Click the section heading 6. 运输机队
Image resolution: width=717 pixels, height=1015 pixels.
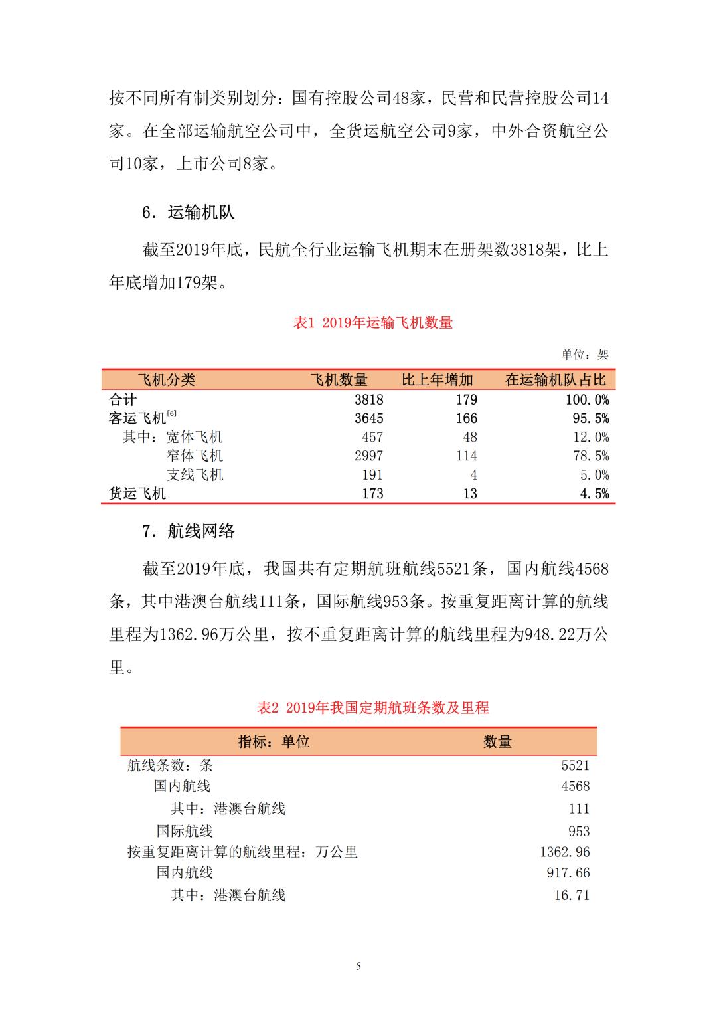189,213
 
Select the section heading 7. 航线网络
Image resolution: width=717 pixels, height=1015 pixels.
189,531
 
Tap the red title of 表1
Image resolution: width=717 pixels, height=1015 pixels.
373,323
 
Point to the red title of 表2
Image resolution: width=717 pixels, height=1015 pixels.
373,708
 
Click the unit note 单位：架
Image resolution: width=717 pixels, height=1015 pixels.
584,355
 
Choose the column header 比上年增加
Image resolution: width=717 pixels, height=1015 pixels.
438,380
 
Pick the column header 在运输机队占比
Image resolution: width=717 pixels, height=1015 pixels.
556,380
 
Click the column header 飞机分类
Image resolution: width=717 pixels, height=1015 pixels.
166,380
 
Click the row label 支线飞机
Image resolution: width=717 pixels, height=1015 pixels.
195,475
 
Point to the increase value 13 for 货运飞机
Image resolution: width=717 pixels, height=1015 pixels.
470,494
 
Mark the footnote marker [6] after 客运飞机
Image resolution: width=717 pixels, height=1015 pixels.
171,414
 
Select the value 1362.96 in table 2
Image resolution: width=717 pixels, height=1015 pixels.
564,852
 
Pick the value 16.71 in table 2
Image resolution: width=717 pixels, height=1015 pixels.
572,895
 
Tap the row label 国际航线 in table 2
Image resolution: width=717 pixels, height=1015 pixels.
185,831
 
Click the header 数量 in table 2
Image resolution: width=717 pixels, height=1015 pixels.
497,742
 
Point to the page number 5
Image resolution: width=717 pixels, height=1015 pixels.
358,966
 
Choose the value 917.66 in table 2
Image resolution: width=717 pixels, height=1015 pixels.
568,873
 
